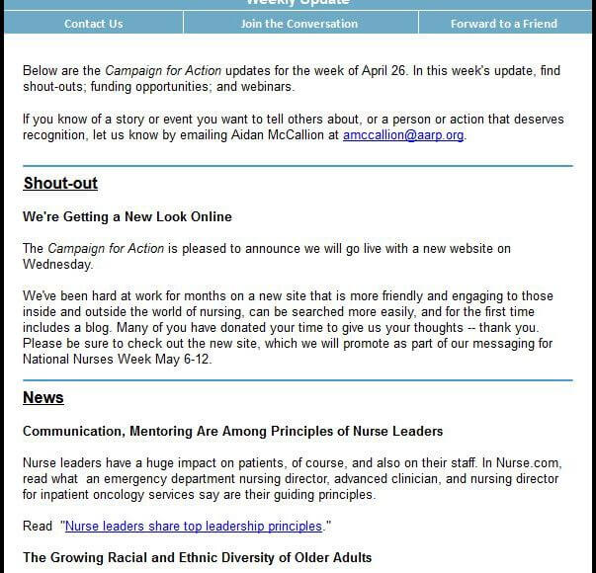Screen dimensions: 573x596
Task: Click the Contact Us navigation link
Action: coord(93,24)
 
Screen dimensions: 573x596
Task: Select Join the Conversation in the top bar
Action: coord(298,24)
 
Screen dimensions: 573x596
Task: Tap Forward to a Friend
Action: coord(503,24)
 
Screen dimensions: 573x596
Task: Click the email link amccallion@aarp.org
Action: coord(403,135)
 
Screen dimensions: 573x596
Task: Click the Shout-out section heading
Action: coord(60,184)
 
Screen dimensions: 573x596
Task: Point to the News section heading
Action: coord(43,398)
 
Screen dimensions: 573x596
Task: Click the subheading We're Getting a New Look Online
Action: coord(128,216)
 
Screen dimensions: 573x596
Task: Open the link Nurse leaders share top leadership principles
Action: coord(194,527)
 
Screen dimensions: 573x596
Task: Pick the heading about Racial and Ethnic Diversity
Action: coord(197,558)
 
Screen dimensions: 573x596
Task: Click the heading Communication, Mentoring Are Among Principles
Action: coord(232,431)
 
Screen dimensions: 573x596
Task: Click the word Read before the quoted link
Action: coord(38,527)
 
